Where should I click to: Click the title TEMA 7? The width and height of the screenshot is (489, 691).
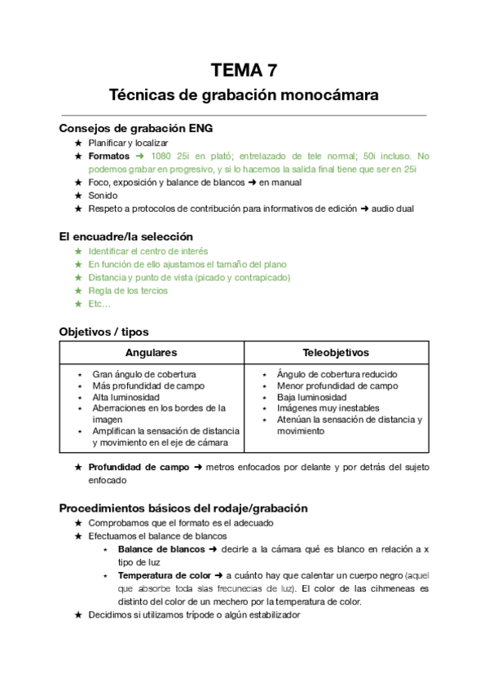coord(244,70)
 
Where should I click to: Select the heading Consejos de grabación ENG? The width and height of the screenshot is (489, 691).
coord(136,128)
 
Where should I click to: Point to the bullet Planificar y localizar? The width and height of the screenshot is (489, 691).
coord(128,142)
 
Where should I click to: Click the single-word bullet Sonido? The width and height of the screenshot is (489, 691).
coord(103,196)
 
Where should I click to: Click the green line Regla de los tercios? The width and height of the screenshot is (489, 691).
coord(128,290)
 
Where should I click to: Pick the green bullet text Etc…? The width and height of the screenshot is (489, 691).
coord(99,304)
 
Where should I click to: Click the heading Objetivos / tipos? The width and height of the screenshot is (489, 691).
coord(104,332)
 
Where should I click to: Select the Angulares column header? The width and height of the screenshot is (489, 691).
coord(151,353)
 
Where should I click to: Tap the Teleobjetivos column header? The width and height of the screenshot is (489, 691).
coord(336,353)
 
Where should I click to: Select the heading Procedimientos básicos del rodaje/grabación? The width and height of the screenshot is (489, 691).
coord(183,508)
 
